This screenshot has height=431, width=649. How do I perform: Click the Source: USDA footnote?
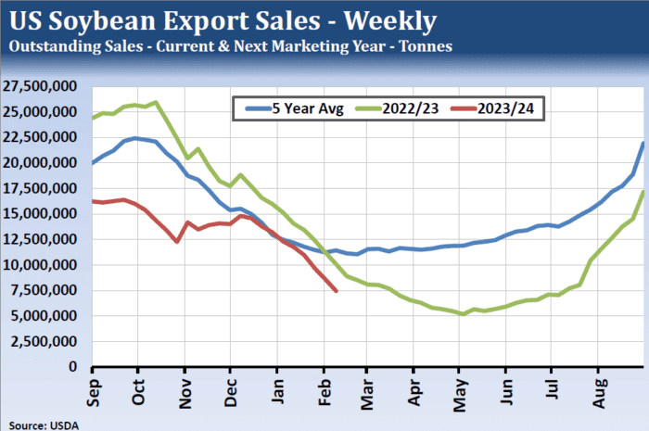point(40,423)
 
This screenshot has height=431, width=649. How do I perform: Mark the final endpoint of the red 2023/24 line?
point(336,291)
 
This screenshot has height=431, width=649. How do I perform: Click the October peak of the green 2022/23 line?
point(155,102)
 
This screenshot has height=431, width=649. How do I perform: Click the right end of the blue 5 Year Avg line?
point(643,143)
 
